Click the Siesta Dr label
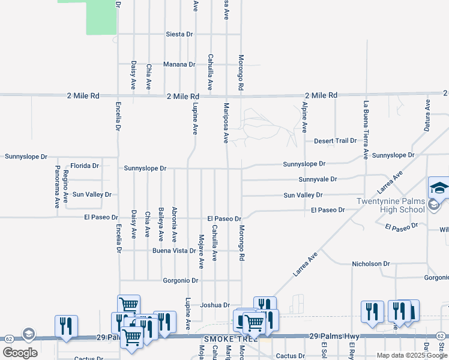(x=179, y=34)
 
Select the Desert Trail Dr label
(x=335, y=141)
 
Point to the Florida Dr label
(x=85, y=166)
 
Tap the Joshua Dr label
(x=215, y=305)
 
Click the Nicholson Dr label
(x=371, y=263)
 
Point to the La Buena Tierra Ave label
(x=365, y=130)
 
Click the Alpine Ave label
(x=304, y=118)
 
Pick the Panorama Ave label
(x=57, y=186)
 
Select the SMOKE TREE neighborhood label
(x=231, y=339)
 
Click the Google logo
(x=20, y=353)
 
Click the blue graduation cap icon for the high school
(x=439, y=187)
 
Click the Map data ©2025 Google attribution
(x=412, y=355)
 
